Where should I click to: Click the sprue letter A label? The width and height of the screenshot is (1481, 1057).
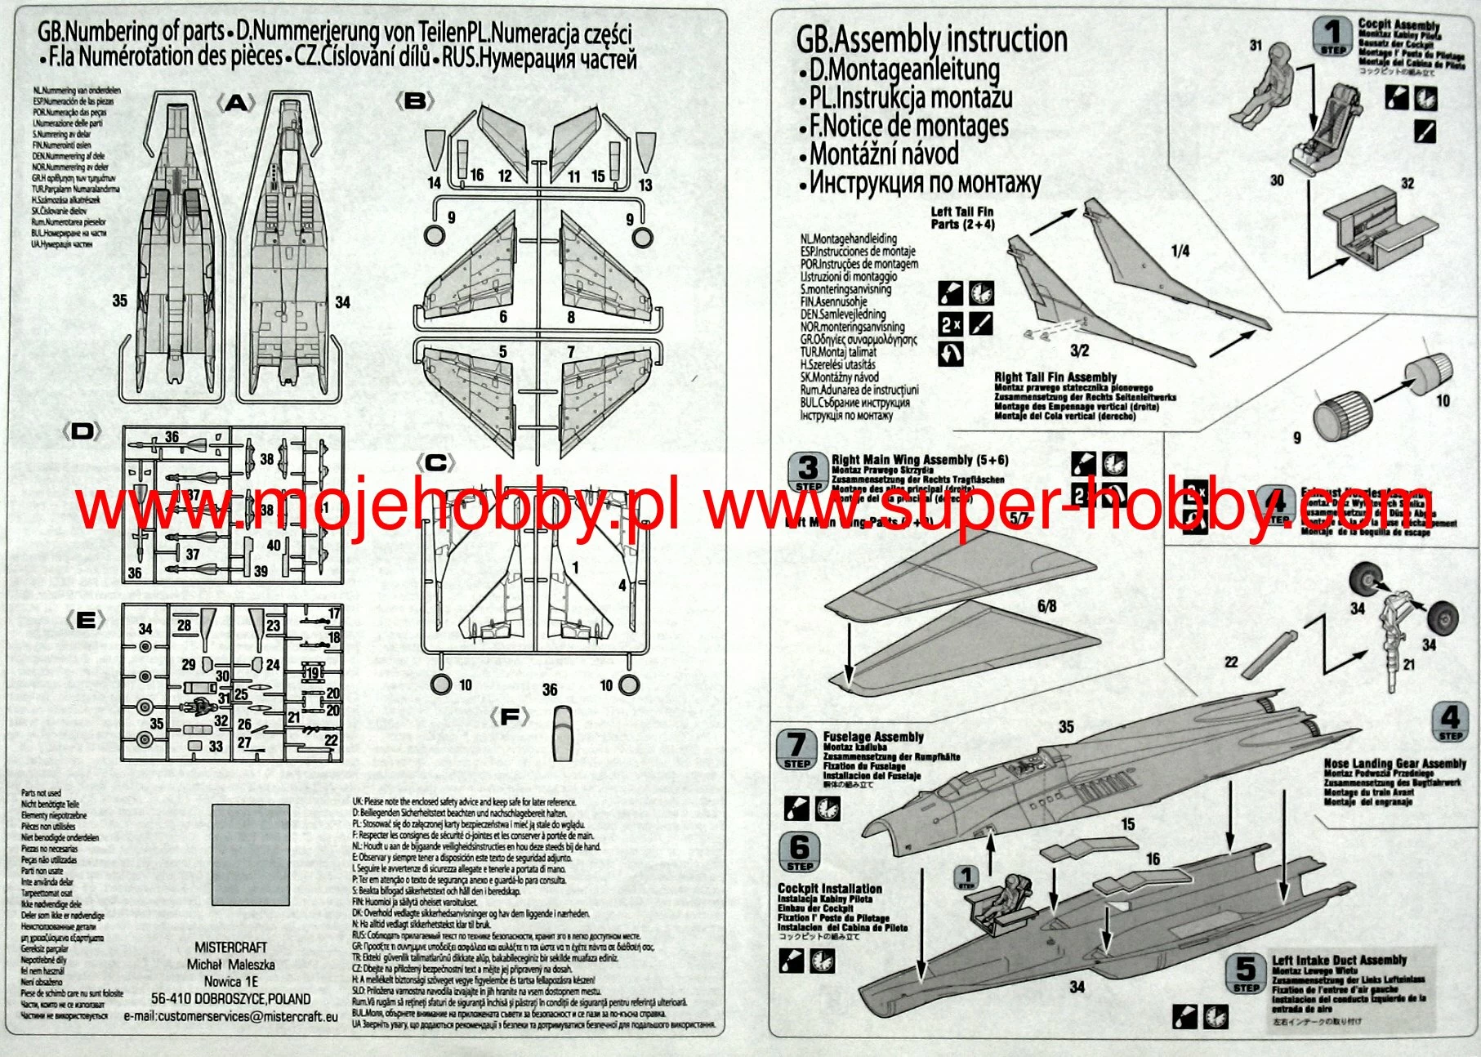click(x=235, y=102)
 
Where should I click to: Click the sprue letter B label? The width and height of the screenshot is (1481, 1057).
click(x=415, y=101)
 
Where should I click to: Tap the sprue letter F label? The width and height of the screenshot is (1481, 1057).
click(x=509, y=717)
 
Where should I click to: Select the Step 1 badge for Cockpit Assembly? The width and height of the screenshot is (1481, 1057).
click(x=1333, y=37)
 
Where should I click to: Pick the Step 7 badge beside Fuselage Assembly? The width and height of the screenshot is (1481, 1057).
click(x=796, y=749)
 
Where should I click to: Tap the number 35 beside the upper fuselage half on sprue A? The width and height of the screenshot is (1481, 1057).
click(x=119, y=301)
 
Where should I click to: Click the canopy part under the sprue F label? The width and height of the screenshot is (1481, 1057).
click(x=562, y=733)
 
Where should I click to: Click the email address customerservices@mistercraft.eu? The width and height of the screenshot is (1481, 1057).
click(x=230, y=1017)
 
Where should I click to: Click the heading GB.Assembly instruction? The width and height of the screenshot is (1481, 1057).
click(x=931, y=38)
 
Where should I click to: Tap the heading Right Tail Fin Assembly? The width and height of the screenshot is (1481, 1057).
click(x=1055, y=377)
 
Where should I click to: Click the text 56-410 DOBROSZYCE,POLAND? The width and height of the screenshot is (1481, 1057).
click(x=230, y=998)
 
